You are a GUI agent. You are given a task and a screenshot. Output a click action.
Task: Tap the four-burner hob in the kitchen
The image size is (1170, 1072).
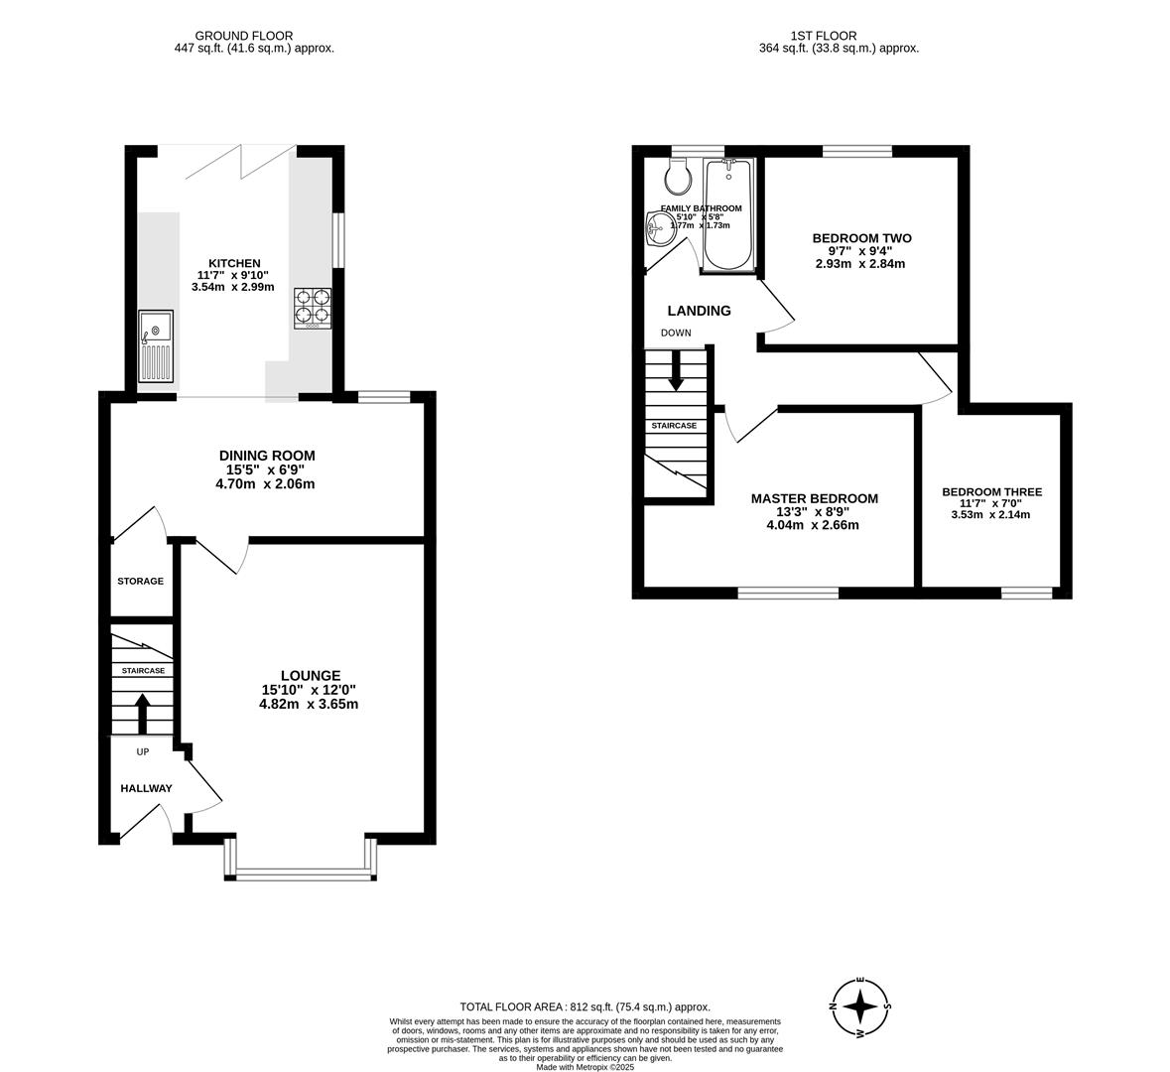click(312, 307)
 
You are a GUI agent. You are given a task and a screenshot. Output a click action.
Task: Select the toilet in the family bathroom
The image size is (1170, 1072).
click(679, 179)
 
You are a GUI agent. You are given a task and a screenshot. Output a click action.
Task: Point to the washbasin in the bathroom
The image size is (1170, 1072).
click(657, 229)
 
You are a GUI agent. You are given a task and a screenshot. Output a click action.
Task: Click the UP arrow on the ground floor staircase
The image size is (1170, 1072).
click(142, 712)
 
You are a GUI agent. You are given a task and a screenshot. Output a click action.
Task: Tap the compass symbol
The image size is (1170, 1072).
click(859, 1006)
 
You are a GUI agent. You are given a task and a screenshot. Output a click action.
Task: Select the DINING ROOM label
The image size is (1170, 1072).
click(267, 456)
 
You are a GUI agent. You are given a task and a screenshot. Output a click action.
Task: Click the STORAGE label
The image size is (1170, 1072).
click(140, 581)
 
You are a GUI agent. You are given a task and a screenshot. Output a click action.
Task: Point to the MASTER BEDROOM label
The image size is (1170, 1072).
click(814, 498)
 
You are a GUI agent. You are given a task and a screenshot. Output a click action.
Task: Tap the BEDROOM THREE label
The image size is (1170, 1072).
click(991, 491)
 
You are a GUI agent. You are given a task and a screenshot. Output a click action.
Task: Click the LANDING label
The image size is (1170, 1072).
click(699, 311)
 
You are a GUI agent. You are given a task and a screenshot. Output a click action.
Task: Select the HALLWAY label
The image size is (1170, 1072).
click(146, 788)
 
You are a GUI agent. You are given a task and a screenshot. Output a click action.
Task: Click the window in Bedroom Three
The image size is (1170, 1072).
click(1026, 593)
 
